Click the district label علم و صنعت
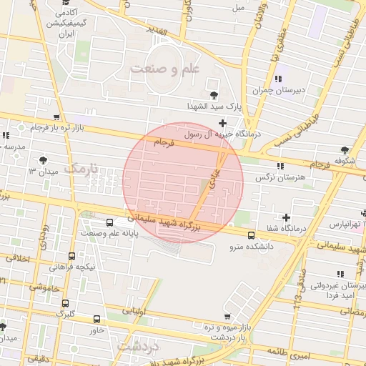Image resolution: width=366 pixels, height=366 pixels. point(164,69)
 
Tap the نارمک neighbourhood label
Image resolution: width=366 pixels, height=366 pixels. point(84,169)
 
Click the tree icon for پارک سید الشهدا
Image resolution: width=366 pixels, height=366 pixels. point(213,96)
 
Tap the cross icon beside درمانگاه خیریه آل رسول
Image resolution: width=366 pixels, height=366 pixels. point(223,123)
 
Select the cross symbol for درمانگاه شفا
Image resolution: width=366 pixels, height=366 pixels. point(287,217)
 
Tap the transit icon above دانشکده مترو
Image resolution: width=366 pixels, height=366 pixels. point(251,235)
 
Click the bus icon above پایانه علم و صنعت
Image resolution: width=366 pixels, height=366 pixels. point(109,222)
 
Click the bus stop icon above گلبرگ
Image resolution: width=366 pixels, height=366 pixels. point(66,302)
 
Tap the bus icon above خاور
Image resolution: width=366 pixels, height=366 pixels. point(97,319)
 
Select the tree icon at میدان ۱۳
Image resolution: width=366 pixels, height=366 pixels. point(44,160)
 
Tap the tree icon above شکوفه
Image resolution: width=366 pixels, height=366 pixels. point(345,150)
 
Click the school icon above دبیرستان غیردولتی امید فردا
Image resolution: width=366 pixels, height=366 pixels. point(340,274)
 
